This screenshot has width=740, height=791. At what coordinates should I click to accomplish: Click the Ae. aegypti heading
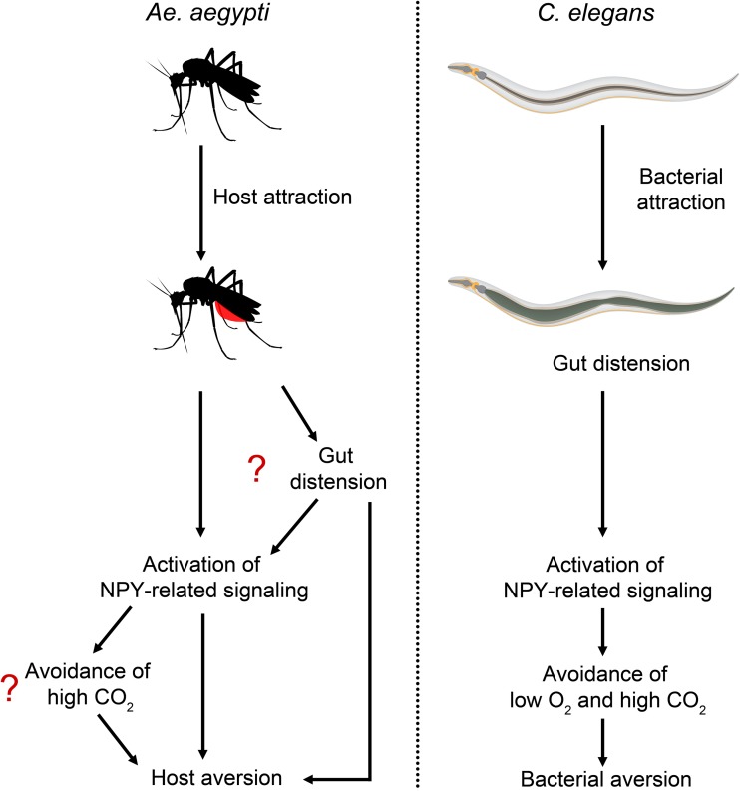[203, 18]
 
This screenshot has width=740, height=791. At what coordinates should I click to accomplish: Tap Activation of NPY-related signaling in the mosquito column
[202, 577]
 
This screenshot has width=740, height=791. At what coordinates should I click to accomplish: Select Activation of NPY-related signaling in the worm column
[602, 577]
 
